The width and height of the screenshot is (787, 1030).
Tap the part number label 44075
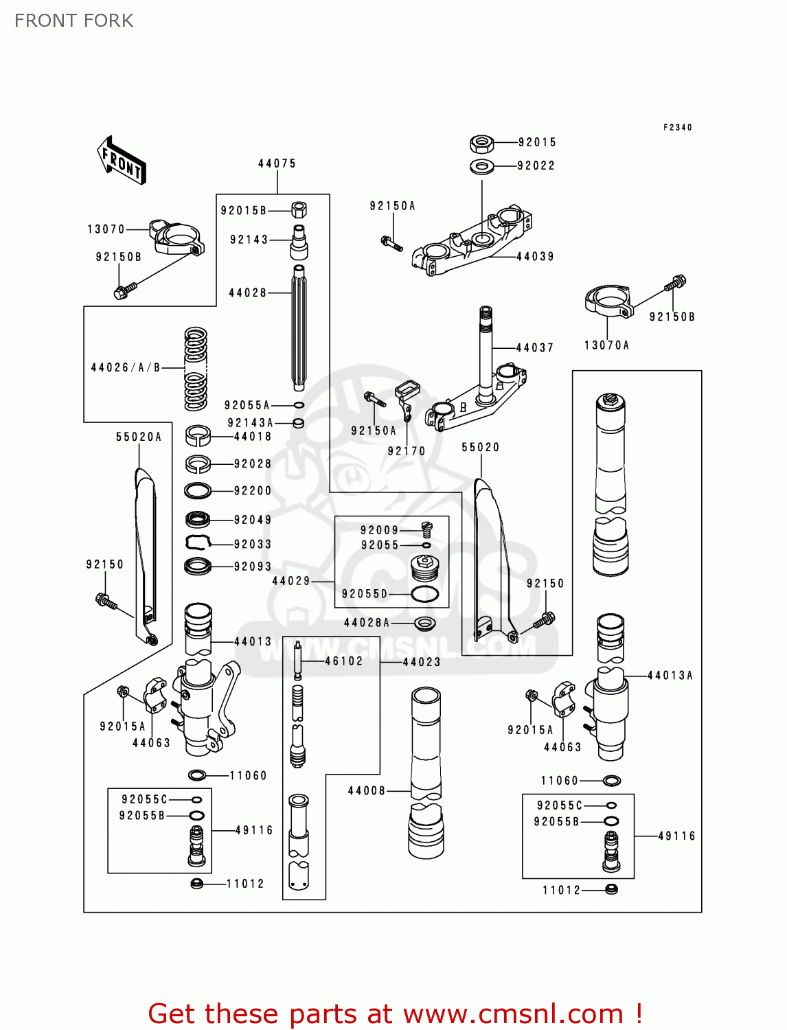click(x=277, y=163)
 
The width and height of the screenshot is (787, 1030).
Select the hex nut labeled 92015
click(x=482, y=144)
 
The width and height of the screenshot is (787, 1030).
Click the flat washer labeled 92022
click(x=482, y=166)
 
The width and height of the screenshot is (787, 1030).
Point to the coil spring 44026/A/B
click(x=196, y=369)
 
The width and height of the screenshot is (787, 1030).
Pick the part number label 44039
click(x=535, y=257)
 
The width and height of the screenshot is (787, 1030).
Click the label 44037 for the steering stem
click(x=534, y=348)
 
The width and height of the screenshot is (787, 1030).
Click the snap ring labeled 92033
click(x=198, y=543)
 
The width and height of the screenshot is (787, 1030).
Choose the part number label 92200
click(x=253, y=491)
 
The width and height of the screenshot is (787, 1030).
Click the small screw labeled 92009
click(x=426, y=529)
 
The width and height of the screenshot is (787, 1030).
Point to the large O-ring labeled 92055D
click(x=424, y=594)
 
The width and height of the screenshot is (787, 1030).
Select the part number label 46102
click(x=343, y=661)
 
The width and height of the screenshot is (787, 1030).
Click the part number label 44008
click(x=367, y=791)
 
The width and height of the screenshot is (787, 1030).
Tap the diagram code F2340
click(x=677, y=128)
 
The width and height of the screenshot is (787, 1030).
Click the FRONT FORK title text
click(x=74, y=21)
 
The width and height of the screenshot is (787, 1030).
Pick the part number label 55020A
click(x=139, y=437)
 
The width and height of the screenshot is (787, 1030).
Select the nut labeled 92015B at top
click(x=299, y=210)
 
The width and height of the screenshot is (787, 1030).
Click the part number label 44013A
click(x=670, y=676)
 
